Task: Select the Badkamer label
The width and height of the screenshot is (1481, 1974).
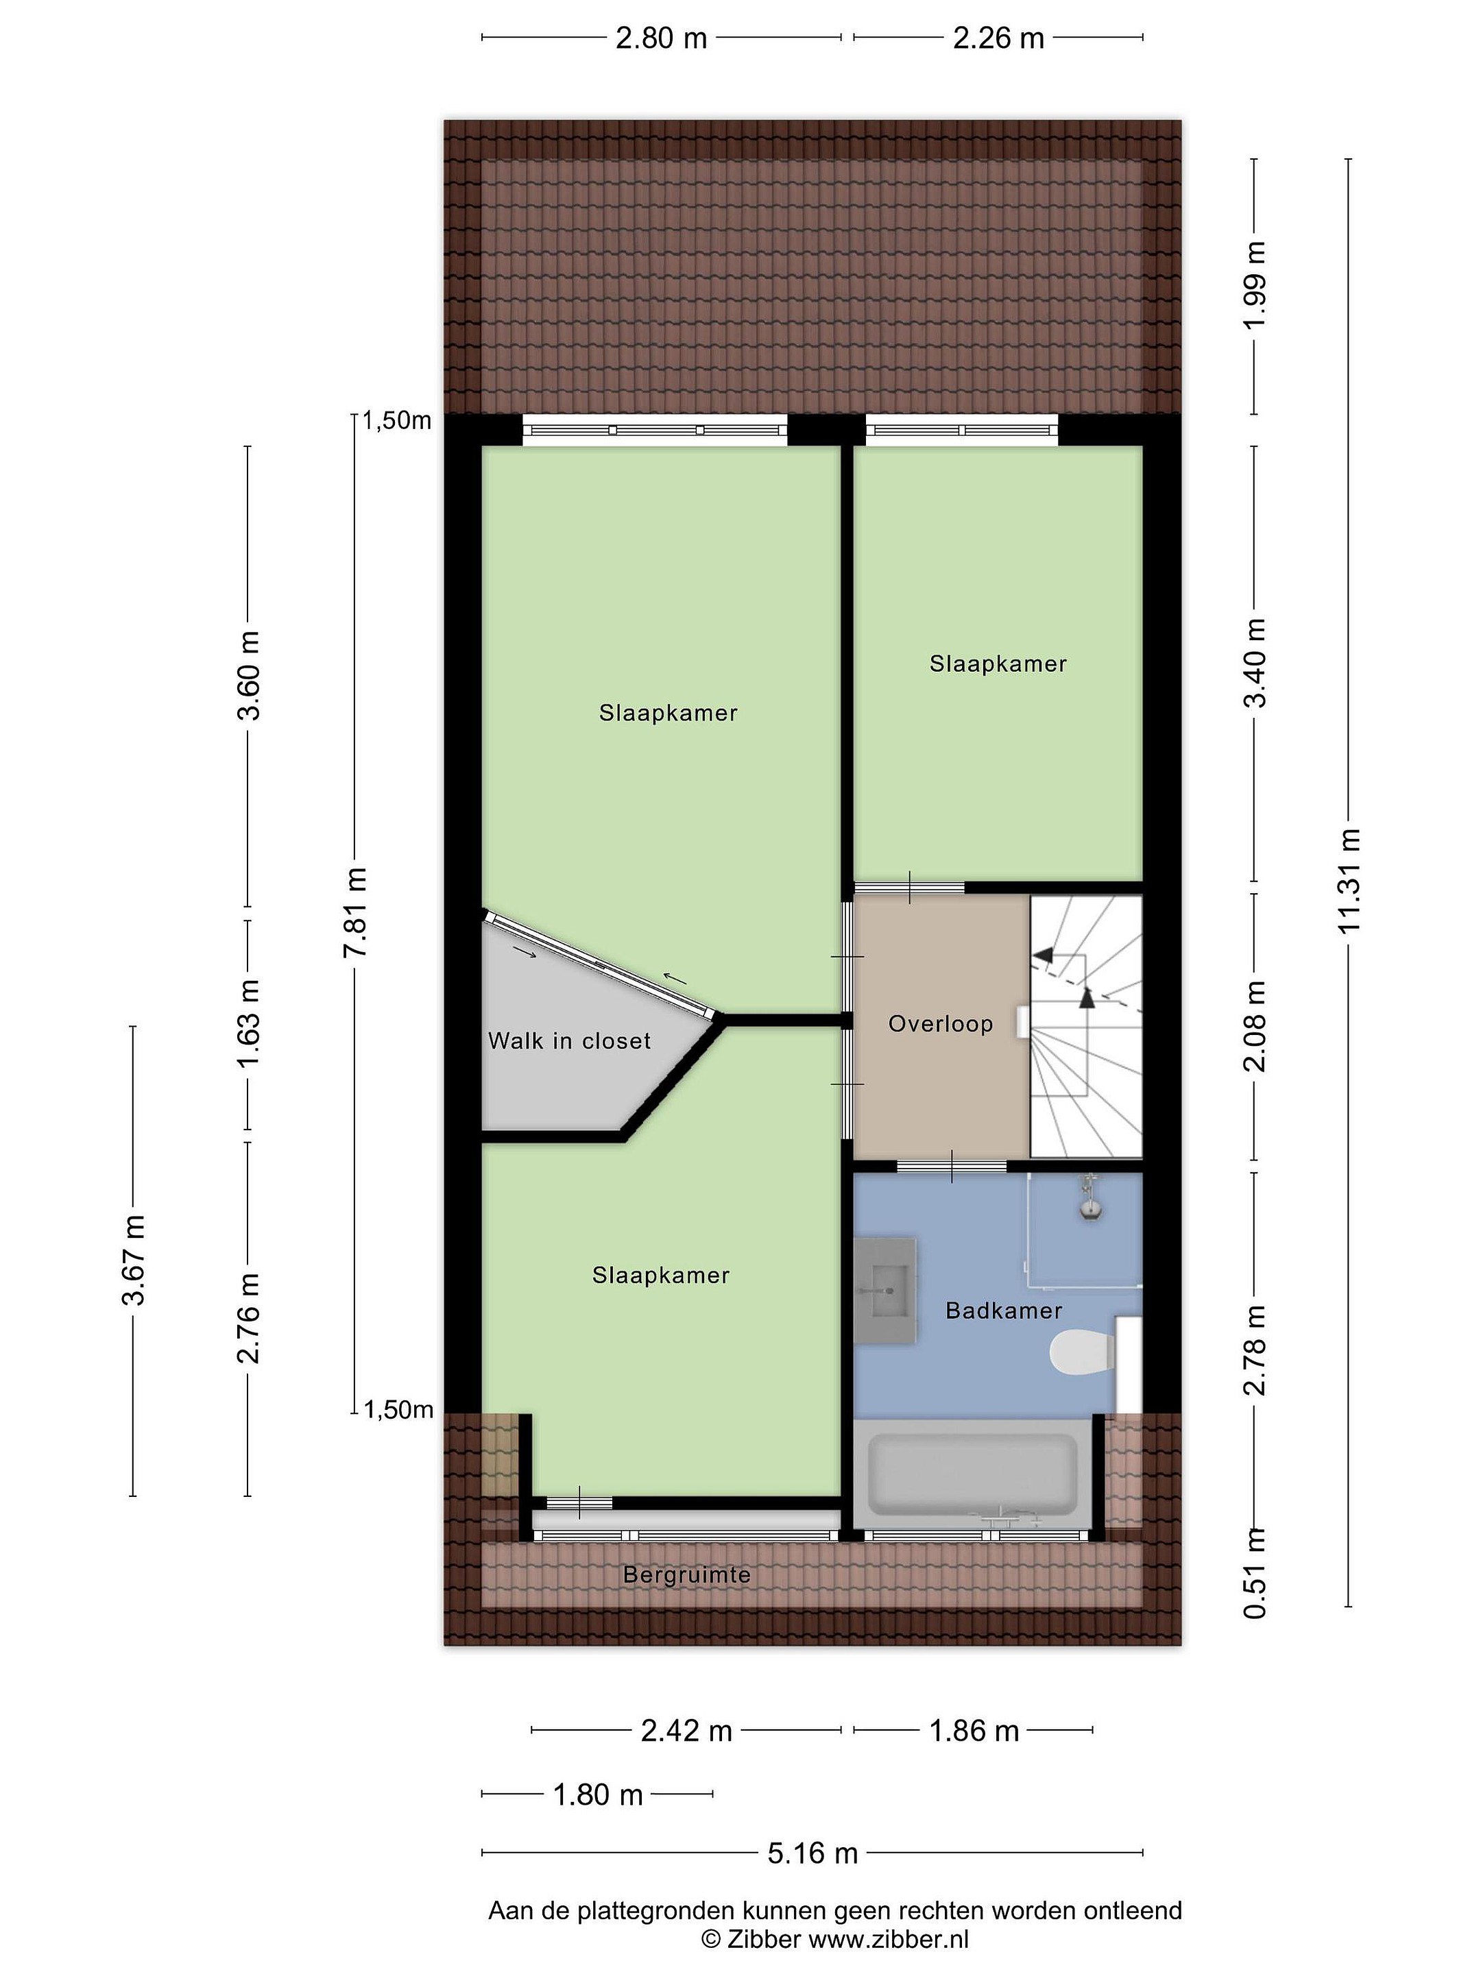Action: click(x=1003, y=1311)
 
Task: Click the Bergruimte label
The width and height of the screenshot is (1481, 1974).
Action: click(x=686, y=1575)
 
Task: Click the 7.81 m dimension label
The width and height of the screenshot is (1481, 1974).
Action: click(x=355, y=912)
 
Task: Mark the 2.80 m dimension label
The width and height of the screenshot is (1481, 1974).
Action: click(x=662, y=38)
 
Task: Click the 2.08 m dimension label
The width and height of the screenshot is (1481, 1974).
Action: click(x=1255, y=1026)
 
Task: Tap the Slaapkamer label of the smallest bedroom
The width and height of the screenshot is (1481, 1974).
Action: click(x=998, y=664)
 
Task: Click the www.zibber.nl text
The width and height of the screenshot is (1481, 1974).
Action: click(x=888, y=1938)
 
